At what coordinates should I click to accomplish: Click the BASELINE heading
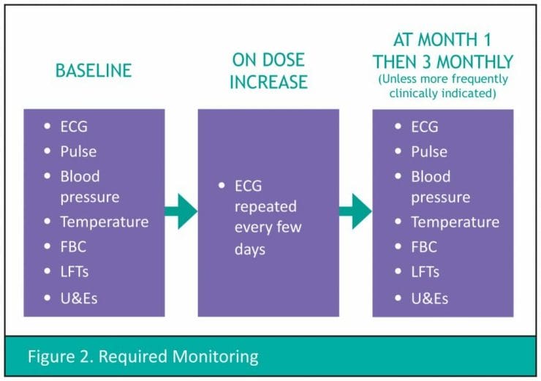94,71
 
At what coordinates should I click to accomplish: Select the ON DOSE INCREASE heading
269,71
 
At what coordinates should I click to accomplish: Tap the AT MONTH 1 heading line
442,39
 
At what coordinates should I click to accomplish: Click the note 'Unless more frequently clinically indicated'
443,86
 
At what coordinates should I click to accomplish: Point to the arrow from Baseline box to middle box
181,211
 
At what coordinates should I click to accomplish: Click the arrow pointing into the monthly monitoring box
355,211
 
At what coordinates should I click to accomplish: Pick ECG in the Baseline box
74,127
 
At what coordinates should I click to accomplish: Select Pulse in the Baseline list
79,151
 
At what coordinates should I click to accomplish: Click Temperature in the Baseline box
105,222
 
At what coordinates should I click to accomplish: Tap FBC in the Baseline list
73,246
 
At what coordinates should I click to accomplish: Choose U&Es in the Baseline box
79,298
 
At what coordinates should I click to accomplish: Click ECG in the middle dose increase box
248,186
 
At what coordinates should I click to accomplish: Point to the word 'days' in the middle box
250,249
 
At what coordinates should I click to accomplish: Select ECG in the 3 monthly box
425,127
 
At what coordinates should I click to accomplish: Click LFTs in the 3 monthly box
425,272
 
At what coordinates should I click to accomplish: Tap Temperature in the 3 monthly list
455,222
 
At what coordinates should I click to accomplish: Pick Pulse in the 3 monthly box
429,152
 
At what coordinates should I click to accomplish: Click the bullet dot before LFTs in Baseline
48,271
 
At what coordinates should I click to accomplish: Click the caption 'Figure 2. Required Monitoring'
143,356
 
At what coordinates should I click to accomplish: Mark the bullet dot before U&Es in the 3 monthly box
398,298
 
